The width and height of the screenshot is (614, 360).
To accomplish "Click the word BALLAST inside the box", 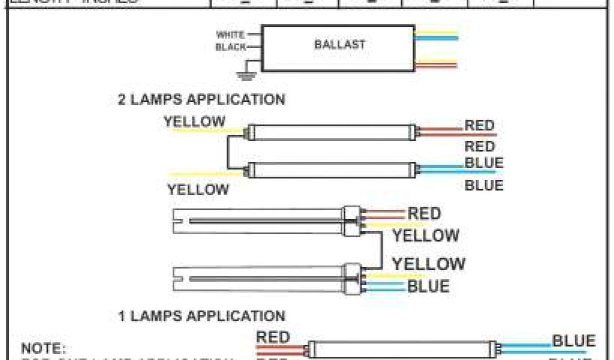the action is point(339,44).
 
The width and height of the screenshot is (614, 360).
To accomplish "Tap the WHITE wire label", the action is point(230,35).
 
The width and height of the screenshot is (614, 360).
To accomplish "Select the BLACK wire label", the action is point(230,46).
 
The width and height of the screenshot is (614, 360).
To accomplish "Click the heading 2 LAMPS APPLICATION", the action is point(201,99).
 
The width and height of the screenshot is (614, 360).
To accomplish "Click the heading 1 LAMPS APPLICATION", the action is point(201,316).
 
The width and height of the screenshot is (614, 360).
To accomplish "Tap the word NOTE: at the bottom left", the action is point(43,348).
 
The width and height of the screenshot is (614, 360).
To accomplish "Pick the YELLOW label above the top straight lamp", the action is point(194,122).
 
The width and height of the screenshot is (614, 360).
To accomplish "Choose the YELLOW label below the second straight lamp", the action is point(198,190).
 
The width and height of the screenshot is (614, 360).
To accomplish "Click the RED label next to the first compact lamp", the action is point(425,213).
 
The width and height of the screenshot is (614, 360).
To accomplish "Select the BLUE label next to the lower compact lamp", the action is point(428,286).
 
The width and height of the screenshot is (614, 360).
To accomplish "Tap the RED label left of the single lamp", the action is point(273,337).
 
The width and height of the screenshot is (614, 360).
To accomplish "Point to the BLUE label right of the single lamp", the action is point(573,341).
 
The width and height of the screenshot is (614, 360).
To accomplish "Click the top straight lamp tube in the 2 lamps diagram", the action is point(332,132).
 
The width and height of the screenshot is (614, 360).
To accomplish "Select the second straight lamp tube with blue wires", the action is point(332,170).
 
